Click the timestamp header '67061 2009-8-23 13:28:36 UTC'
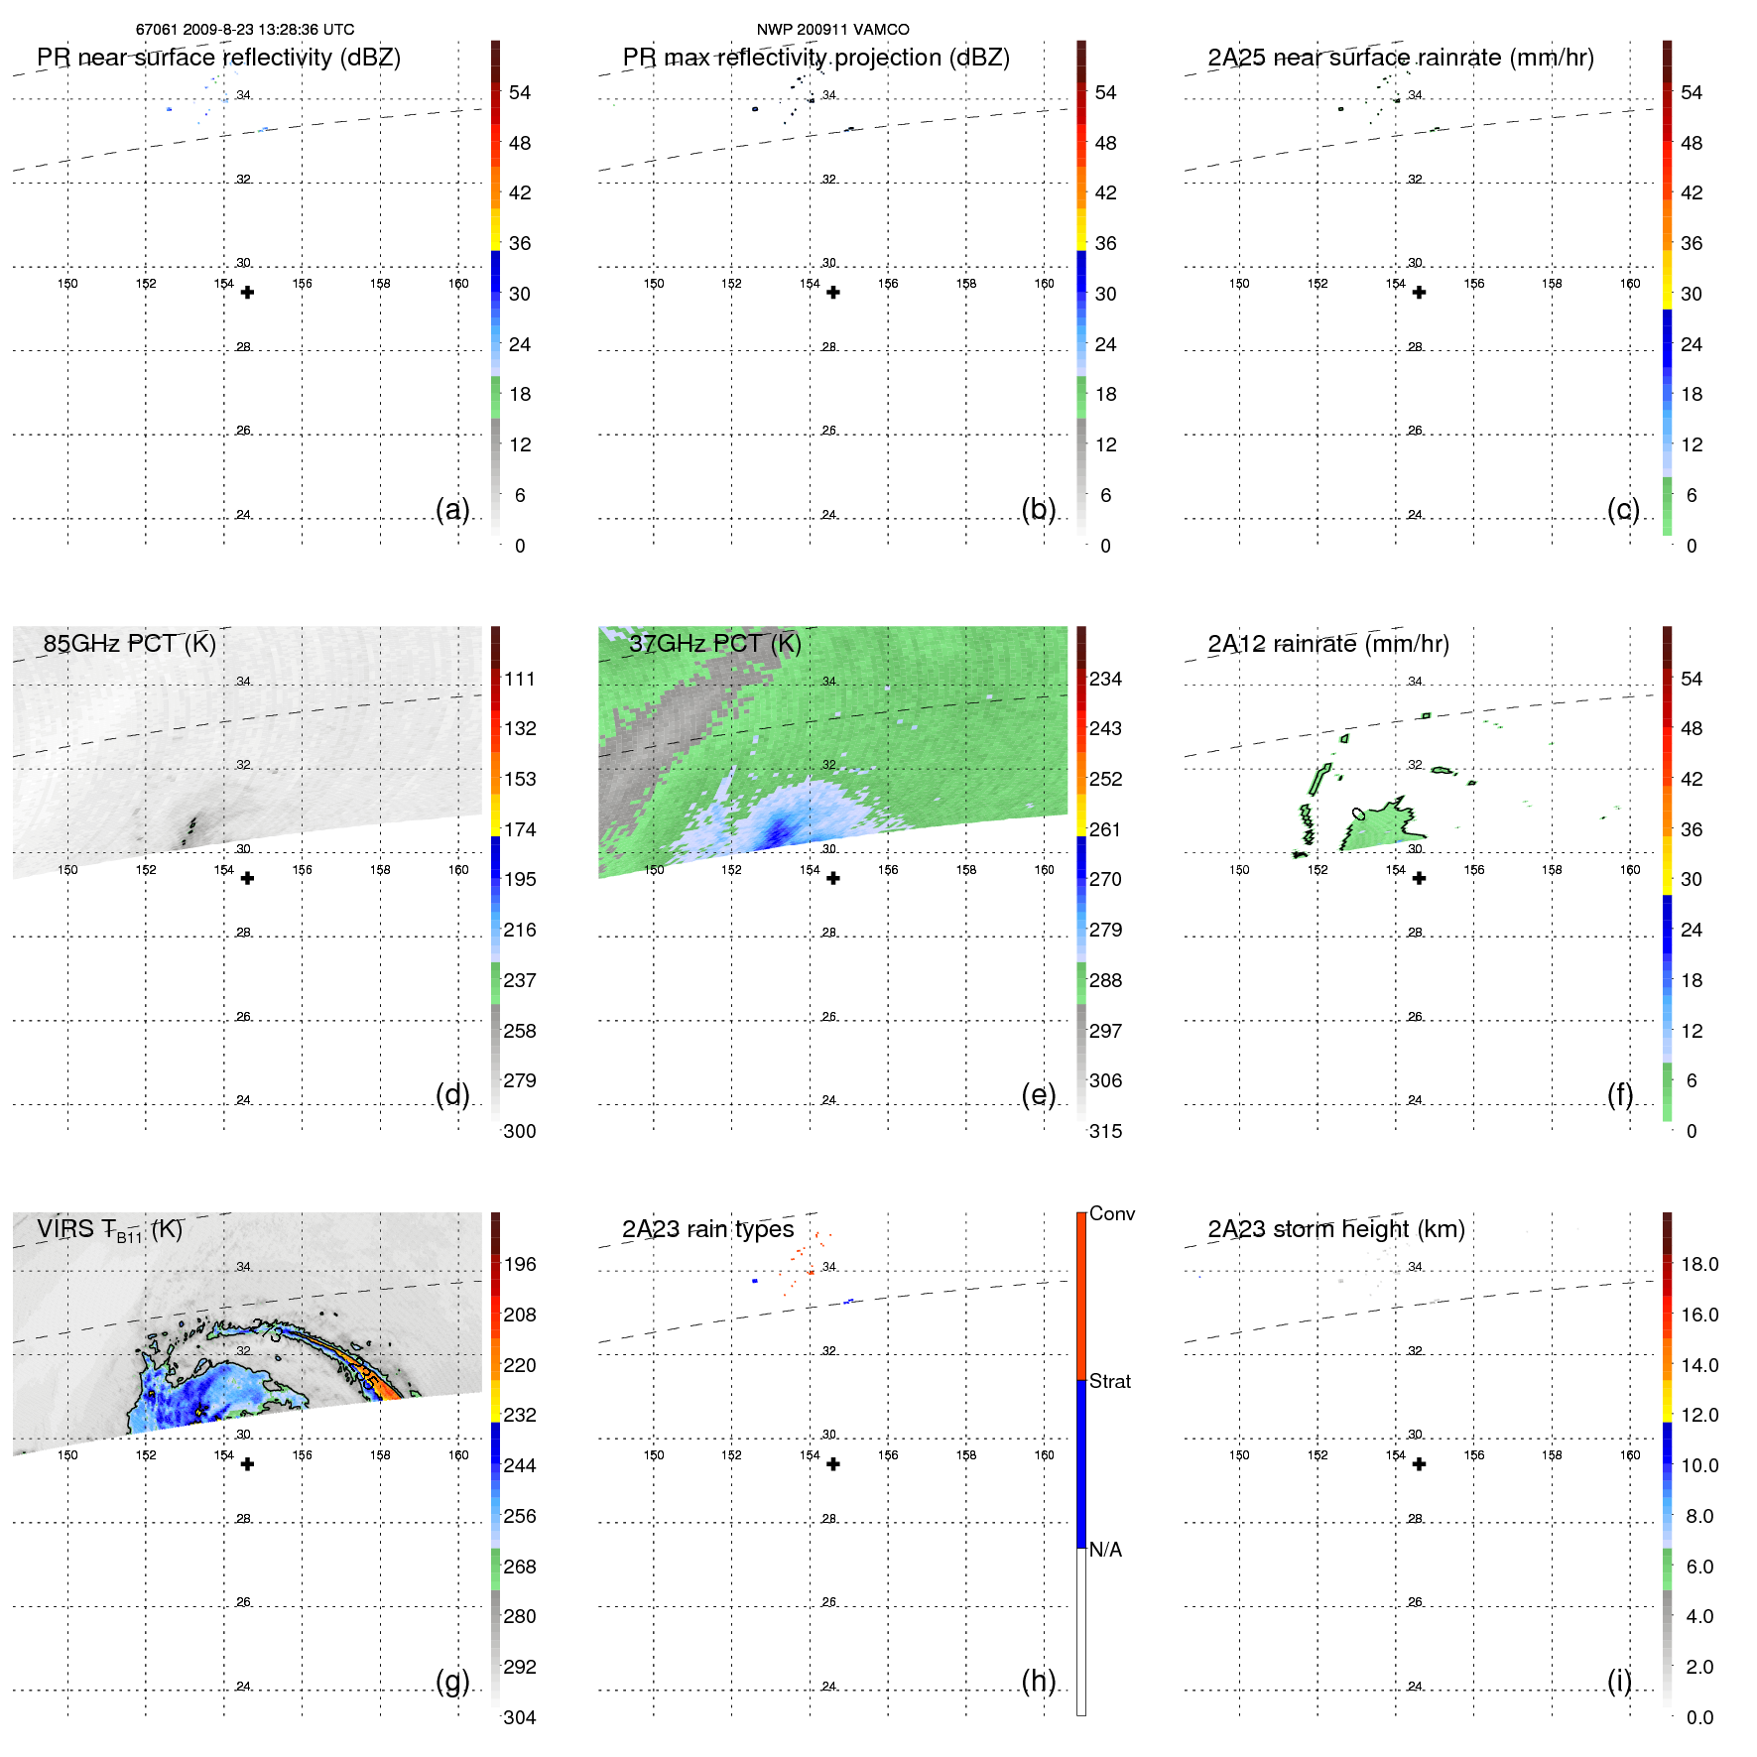pyautogui.click(x=245, y=30)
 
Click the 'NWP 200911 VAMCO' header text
pyautogui.click(x=832, y=30)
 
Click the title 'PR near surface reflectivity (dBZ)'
pyautogui.click(x=218, y=58)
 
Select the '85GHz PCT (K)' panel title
pyautogui.click(x=129, y=643)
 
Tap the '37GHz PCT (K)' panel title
pyautogui.click(x=714, y=643)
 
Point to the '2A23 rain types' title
pyautogui.click(x=707, y=1229)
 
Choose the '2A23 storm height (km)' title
pyautogui.click(x=1335, y=1229)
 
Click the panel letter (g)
pyautogui.click(x=452, y=1681)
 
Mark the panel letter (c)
pyautogui.click(x=1623, y=509)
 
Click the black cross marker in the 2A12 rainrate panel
pyautogui.click(x=1419, y=878)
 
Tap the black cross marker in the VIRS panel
pyautogui.click(x=247, y=1463)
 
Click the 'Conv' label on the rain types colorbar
pyautogui.click(x=1111, y=1213)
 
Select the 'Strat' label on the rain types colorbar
pyautogui.click(x=1109, y=1381)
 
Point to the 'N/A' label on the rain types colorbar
pyautogui.click(x=1105, y=1550)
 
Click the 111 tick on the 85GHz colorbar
pyautogui.click(x=519, y=679)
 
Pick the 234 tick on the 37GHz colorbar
pyautogui.click(x=1105, y=679)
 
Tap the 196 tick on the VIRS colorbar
pyautogui.click(x=519, y=1264)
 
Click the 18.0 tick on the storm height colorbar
pyautogui.click(x=1698, y=1264)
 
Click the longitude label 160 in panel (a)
pyautogui.click(x=458, y=284)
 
